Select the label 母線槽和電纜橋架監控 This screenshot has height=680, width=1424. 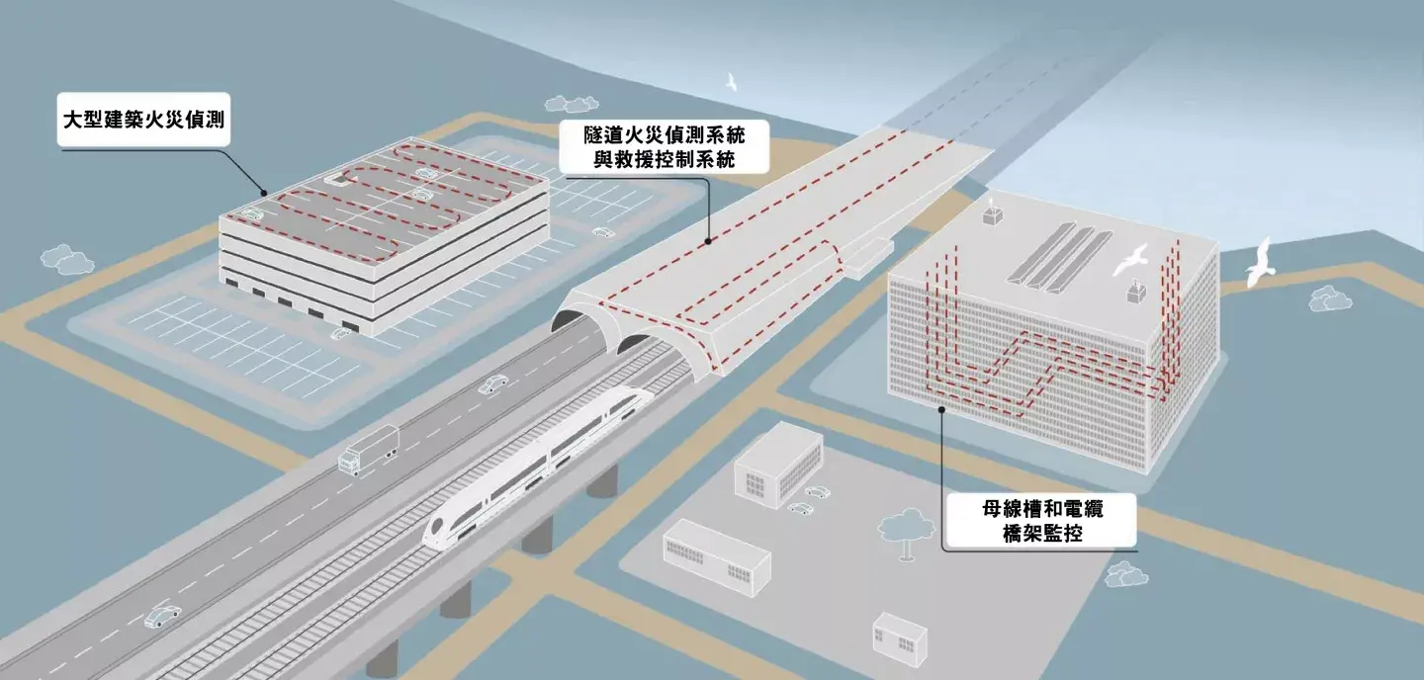pos(1042,521)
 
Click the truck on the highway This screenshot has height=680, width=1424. pos(368,450)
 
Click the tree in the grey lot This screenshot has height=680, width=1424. pos(907,527)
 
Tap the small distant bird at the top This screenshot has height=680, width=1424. pos(732,81)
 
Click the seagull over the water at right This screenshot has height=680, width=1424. pos(1259,262)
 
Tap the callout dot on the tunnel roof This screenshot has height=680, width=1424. pos(708,240)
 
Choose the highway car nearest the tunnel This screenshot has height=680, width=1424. pos(493,383)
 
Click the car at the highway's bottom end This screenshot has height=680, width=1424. pos(162,617)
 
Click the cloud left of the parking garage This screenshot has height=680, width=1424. pos(66,259)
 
